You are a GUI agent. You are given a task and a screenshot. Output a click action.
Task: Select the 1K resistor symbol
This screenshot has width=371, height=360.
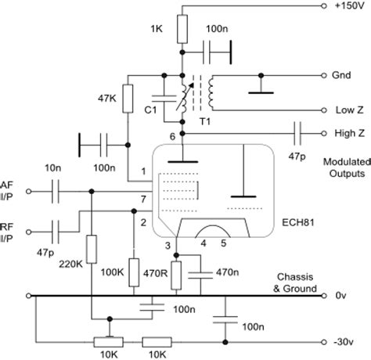tap(182, 30)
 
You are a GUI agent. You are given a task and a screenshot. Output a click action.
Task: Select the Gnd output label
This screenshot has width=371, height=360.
tap(342, 77)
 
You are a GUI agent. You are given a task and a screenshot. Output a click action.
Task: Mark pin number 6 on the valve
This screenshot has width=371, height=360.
tap(172, 138)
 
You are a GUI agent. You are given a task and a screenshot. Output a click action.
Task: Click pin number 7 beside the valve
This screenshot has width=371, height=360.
tap(143, 201)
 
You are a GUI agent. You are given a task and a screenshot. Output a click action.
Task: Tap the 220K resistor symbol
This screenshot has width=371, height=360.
tap(92, 250)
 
